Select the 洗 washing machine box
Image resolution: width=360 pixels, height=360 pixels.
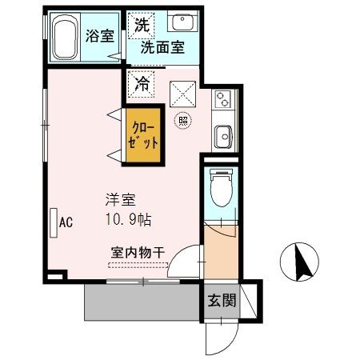click(142, 24)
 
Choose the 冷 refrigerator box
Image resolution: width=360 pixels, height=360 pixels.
click(142, 82)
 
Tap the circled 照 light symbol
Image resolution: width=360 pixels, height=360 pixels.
click(183, 120)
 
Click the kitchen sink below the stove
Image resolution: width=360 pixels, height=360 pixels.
click(222, 134)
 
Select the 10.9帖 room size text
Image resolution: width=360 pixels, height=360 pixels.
click(126, 218)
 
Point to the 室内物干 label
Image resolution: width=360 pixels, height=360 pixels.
click(138, 253)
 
